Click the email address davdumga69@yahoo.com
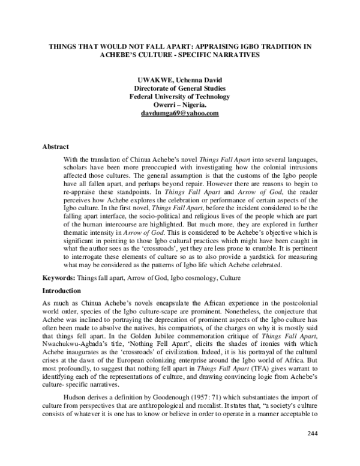pyautogui.click(x=179, y=113)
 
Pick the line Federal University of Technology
pyautogui.click(x=179, y=96)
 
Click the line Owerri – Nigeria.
pyautogui.click(x=179, y=104)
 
